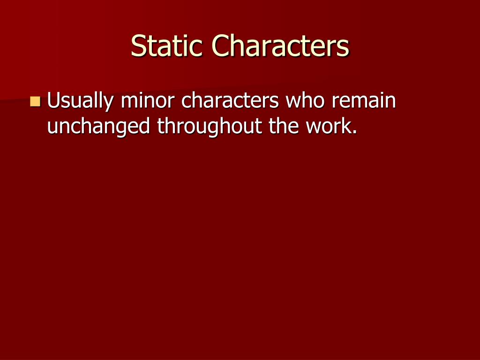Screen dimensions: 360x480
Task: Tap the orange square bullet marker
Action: [x=35, y=101]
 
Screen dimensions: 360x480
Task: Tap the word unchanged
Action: [x=99, y=126]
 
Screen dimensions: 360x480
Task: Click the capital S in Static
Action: [x=138, y=46]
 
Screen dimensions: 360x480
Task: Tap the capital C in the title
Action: [x=225, y=46]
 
